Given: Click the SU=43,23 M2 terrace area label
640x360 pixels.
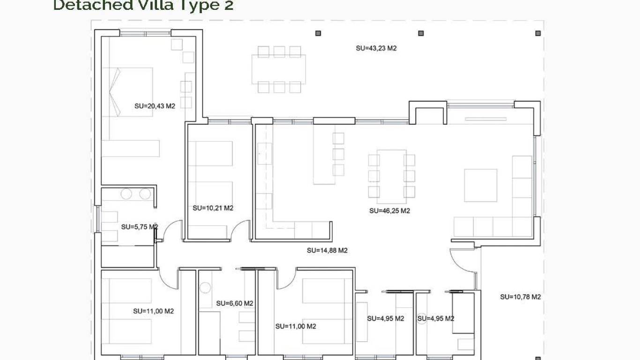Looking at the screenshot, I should pyautogui.click(x=376, y=48).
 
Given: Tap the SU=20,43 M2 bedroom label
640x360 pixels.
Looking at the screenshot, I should pyautogui.click(x=155, y=106).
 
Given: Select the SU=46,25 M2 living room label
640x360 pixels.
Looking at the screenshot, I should pyautogui.click(x=389, y=211).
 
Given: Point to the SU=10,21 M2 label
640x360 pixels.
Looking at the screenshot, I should pyautogui.click(x=213, y=208).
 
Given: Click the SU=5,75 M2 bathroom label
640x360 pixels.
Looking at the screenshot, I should pyautogui.click(x=139, y=227).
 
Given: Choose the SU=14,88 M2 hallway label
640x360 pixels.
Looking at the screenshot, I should pyautogui.click(x=327, y=250).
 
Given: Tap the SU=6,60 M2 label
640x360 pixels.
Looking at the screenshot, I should pyautogui.click(x=234, y=303).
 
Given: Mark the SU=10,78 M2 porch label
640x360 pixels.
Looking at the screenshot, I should pyautogui.click(x=520, y=297).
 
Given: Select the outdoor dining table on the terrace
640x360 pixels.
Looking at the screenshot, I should pyautogui.click(x=279, y=69).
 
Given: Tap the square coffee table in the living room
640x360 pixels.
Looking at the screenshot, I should pyautogui.click(x=480, y=185).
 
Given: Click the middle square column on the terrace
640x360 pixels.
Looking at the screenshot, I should pyautogui.click(x=421, y=33).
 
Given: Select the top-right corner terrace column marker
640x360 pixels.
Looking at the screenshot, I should pyautogui.click(x=538, y=33).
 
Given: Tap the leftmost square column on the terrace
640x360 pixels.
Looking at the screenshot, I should pyautogui.click(x=318, y=33).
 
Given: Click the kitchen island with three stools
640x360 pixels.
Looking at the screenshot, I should pyautogui.click(x=324, y=154).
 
